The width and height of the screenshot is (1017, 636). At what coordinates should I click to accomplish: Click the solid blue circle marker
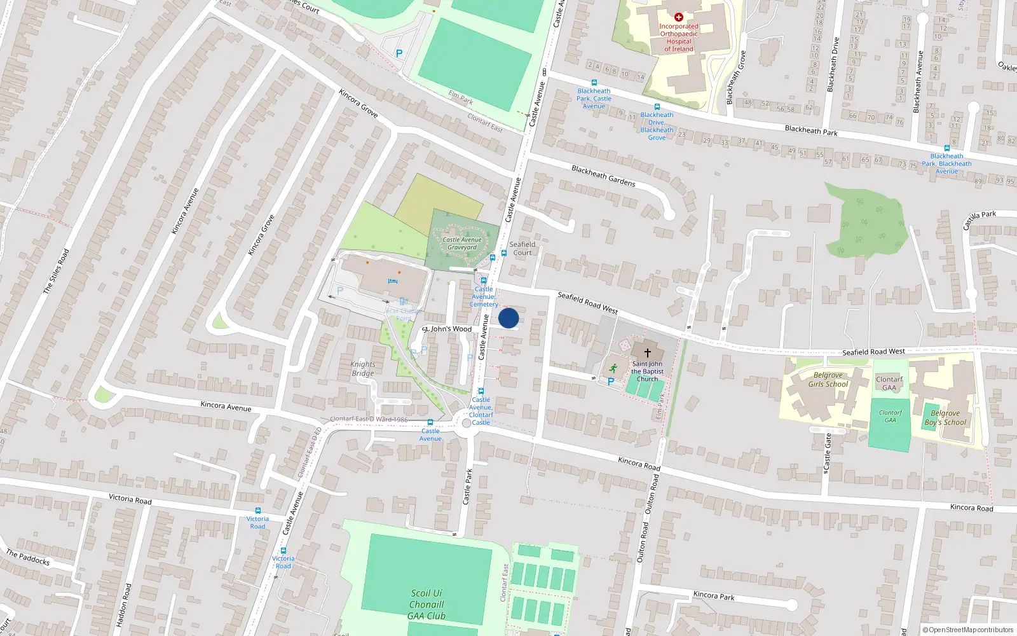pyautogui.click(x=508, y=318)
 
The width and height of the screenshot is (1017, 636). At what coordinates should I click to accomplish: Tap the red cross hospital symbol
pyautogui.click(x=679, y=17)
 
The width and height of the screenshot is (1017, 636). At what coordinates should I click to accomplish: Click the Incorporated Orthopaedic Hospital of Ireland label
pyautogui.click(x=679, y=38)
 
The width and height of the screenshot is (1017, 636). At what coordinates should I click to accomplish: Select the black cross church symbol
pyautogui.click(x=648, y=353)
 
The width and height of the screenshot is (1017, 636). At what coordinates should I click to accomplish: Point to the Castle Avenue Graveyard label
pyautogui.click(x=462, y=244)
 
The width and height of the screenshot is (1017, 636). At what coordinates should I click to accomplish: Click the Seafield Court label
pyautogui.click(x=522, y=249)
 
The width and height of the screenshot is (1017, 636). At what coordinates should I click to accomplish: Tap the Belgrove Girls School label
pyautogui.click(x=828, y=380)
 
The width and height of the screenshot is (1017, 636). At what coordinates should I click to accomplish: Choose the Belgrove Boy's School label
pyautogui.click(x=945, y=418)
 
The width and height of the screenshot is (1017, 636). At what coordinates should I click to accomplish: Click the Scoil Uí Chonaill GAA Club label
pyautogui.click(x=427, y=604)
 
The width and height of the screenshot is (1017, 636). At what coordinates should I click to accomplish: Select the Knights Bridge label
pyautogui.click(x=363, y=369)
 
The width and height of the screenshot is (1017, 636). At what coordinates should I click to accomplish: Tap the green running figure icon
pyautogui.click(x=613, y=368)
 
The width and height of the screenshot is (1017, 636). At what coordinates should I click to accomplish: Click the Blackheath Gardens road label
pyautogui.click(x=603, y=176)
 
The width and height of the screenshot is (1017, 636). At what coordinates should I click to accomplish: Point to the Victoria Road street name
pyautogui.click(x=130, y=499)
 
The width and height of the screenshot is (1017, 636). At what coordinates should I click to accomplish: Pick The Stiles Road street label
pyautogui.click(x=56, y=272)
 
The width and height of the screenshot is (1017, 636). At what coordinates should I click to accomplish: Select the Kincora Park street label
pyautogui.click(x=714, y=595)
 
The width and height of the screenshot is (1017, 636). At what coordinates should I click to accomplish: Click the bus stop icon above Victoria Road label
pyautogui.click(x=257, y=511)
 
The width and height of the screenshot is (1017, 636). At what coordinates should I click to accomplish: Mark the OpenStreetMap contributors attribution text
pyautogui.click(x=968, y=630)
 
